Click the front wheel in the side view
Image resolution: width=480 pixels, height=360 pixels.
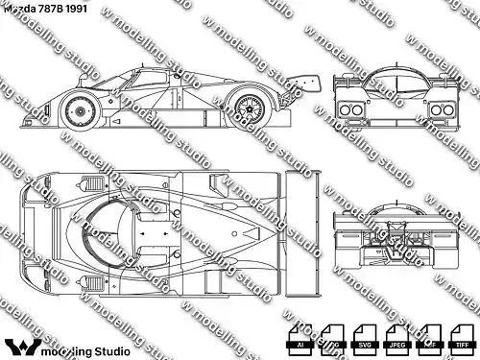[x=80, y=111]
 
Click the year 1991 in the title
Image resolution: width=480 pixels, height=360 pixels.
[x=83, y=9]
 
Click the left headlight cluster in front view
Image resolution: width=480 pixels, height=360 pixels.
[x=347, y=110]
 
